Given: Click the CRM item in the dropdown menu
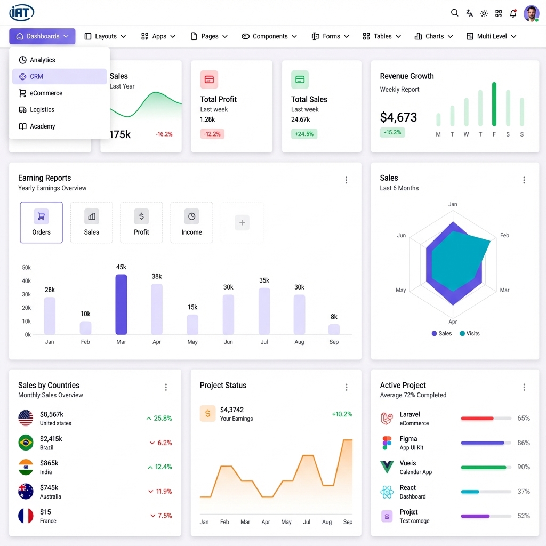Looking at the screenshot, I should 36,76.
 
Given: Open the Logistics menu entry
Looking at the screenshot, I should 42,109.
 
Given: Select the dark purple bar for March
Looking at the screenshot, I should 121,304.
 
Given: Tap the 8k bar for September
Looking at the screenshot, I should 334,329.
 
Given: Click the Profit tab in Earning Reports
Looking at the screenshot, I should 141,222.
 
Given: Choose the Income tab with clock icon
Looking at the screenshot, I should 191,222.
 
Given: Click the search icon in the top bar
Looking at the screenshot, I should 454,13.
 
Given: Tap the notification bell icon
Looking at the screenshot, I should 513,13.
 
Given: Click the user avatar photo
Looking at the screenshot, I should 531,13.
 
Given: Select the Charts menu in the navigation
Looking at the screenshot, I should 434,36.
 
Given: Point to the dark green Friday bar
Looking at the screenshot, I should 494,104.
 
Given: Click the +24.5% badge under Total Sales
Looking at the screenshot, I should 304,134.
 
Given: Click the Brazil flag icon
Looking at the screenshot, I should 26,443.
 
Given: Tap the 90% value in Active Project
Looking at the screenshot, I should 524,467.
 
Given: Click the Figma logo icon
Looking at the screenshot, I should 387,443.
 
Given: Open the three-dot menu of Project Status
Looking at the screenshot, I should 347,387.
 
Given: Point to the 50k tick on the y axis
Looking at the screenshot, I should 26,268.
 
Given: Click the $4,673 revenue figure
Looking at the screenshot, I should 398,117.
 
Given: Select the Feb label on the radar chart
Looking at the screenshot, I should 504,235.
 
